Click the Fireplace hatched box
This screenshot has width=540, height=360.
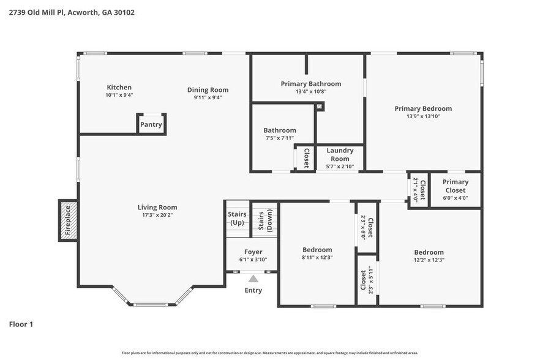point(68,220)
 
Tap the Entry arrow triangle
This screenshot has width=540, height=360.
point(252,279)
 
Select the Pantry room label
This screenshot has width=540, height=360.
point(151,124)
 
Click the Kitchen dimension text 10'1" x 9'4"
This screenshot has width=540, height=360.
point(119,96)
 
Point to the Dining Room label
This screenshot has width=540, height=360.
point(208,90)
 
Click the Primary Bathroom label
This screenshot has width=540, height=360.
point(310,84)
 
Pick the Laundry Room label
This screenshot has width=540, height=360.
point(340,154)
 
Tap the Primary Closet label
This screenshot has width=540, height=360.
point(455,186)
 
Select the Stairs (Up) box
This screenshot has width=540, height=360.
point(237,218)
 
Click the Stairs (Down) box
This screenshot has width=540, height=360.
point(264,220)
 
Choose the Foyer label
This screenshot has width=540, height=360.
point(253,252)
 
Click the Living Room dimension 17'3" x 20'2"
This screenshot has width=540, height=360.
point(157,215)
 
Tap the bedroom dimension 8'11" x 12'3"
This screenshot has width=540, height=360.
point(317,258)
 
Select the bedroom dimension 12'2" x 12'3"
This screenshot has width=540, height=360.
point(429,260)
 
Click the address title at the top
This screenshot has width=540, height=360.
point(72,12)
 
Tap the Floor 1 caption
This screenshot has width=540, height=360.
point(21,324)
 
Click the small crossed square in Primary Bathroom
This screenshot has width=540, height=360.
point(320,107)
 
